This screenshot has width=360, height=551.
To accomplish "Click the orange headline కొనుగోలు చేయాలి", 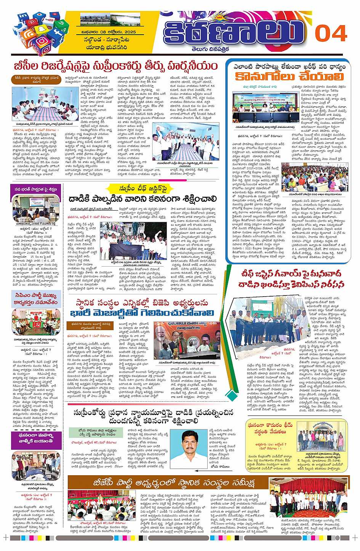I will tap(289, 76).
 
